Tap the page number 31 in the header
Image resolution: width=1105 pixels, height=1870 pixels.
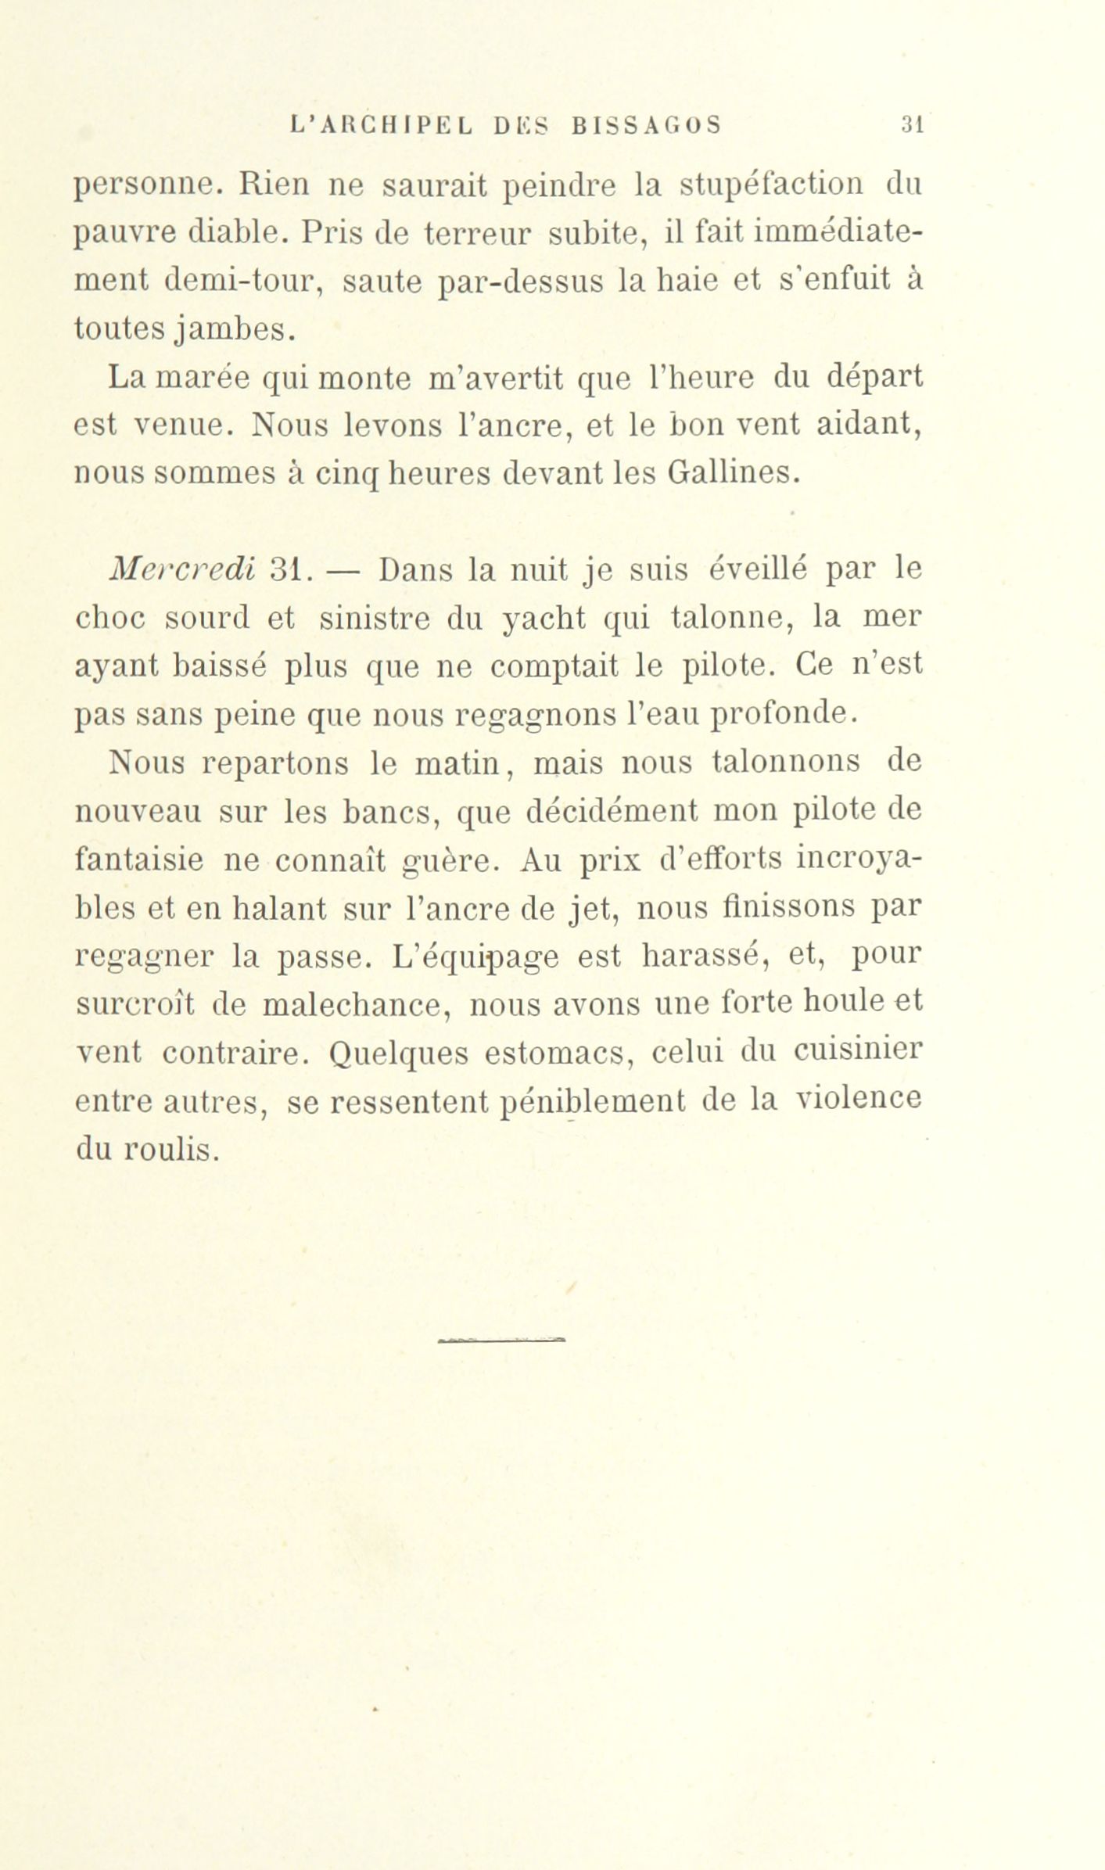pos(913,126)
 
